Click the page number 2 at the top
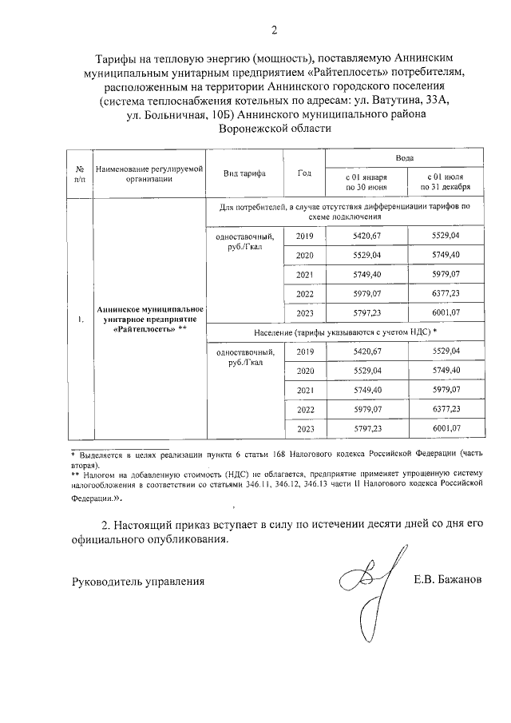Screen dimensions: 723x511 pyautogui.click(x=274, y=31)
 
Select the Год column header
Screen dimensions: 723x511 pyautogui.click(x=304, y=173)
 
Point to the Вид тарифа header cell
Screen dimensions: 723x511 pyautogui.click(x=246, y=173)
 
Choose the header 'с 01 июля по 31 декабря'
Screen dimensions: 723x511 pyautogui.click(x=446, y=181)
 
